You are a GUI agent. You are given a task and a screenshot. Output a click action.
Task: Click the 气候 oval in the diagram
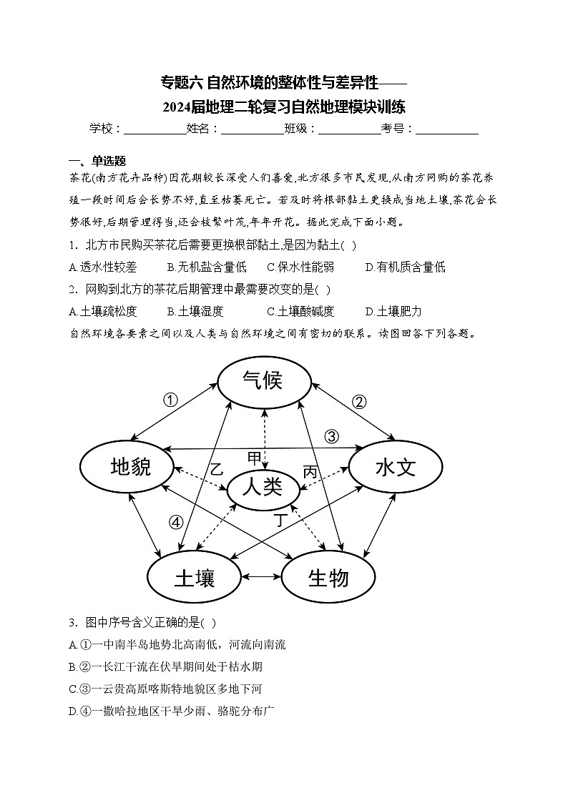tap(263, 381)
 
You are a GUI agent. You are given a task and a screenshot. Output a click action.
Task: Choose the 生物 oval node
tap(328, 576)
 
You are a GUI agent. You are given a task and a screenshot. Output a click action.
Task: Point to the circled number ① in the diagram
tap(170, 400)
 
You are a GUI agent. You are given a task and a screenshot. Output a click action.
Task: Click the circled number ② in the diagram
tap(359, 401)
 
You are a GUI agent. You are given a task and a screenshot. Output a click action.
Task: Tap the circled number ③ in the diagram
tap(330, 436)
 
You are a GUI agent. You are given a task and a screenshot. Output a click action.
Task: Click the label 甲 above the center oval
tap(255, 458)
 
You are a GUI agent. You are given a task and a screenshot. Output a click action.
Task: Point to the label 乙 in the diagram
tap(216, 470)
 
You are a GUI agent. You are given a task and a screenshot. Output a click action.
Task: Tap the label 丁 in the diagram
tap(281, 521)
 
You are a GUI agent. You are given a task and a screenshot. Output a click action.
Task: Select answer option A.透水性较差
tap(102, 267)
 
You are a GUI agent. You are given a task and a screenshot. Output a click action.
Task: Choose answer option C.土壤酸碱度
tap(300, 311)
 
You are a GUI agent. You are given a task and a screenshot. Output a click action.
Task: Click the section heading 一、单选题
tap(97, 160)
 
